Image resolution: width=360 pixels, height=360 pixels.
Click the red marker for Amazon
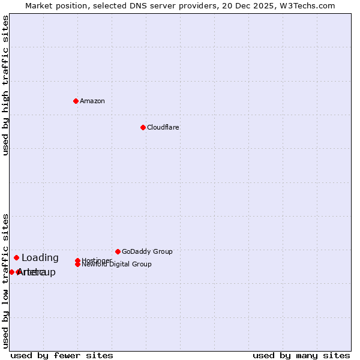76,101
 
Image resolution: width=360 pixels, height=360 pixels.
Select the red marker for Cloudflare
143,127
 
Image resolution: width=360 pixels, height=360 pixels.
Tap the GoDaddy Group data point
118,251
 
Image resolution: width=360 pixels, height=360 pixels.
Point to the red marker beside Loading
16,258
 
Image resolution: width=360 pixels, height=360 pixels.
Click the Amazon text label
92,101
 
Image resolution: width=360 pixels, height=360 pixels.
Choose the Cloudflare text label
163,127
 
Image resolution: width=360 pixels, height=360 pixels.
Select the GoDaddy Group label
147,251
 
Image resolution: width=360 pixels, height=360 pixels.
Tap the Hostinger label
97,260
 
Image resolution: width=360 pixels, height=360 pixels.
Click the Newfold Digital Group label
116,265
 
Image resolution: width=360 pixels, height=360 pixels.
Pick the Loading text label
40,258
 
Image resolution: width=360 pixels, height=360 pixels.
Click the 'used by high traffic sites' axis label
5,85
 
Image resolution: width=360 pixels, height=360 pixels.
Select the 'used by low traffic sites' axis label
5,280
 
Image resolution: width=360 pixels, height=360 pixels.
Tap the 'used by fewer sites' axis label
62,355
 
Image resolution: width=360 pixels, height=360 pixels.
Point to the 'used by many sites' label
301,355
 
